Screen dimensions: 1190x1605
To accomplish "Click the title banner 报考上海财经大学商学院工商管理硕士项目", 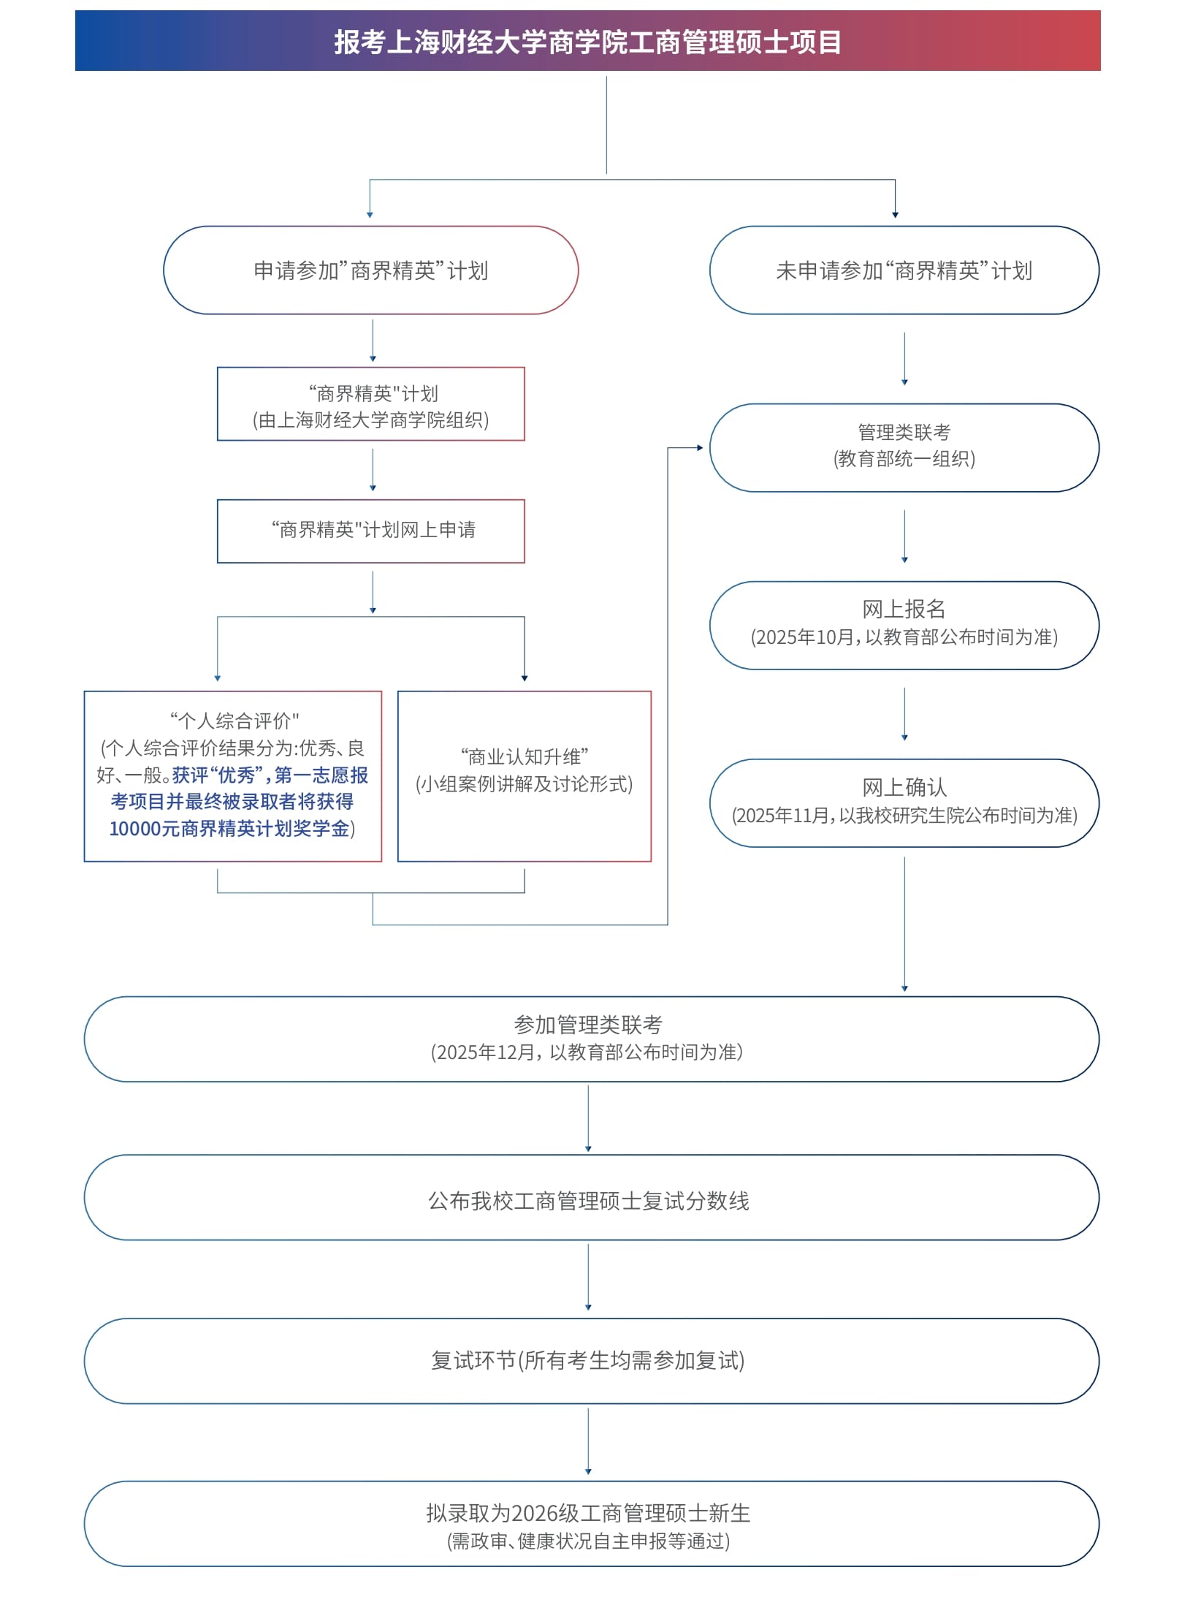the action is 587,41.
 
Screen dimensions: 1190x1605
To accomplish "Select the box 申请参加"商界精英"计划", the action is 371,270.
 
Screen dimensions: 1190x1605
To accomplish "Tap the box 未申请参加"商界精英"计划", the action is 904,270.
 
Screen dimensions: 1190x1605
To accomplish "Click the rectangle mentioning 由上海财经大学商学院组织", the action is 371,404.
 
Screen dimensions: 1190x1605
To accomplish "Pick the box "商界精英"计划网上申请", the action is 371,531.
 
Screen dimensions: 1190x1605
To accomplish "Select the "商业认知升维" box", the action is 525,776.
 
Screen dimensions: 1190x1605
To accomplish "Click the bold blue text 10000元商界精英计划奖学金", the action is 229,829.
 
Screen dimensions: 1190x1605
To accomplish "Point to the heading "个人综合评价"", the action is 234,721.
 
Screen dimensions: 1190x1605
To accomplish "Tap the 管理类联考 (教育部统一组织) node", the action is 904,448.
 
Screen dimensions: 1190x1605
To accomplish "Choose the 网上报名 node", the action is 904,626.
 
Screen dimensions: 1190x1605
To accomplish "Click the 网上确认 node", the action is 904,803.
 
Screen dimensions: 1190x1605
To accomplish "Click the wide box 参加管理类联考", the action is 592,1039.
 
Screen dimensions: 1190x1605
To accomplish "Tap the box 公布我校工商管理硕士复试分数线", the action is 592,1198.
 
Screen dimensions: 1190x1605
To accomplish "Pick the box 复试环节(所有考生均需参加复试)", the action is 592,1361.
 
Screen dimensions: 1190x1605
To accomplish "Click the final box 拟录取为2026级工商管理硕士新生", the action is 592,1524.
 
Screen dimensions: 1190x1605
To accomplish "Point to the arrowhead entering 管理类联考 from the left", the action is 700,447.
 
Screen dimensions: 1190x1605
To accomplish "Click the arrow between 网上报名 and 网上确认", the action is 904,714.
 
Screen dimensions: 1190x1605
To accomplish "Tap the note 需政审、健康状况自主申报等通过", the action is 589,1541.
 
